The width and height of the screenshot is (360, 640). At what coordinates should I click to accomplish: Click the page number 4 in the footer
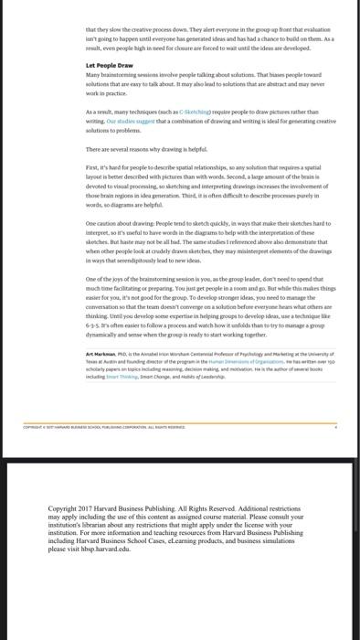(x=334, y=452)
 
